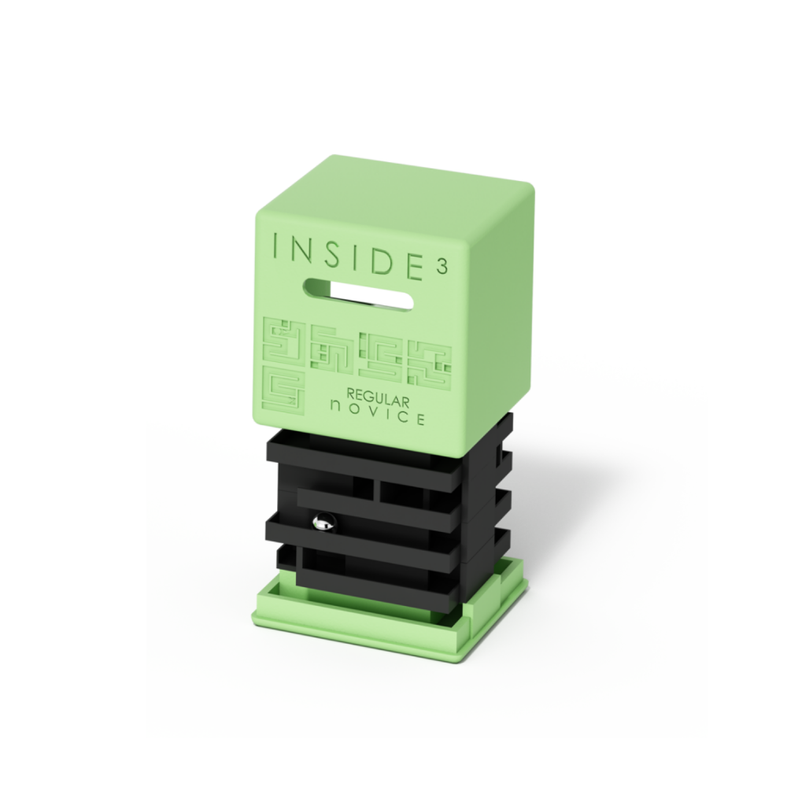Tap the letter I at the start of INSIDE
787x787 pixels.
click(275, 246)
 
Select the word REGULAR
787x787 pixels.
click(378, 397)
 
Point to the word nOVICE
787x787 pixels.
click(378, 415)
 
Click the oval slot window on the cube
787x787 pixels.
click(358, 294)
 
